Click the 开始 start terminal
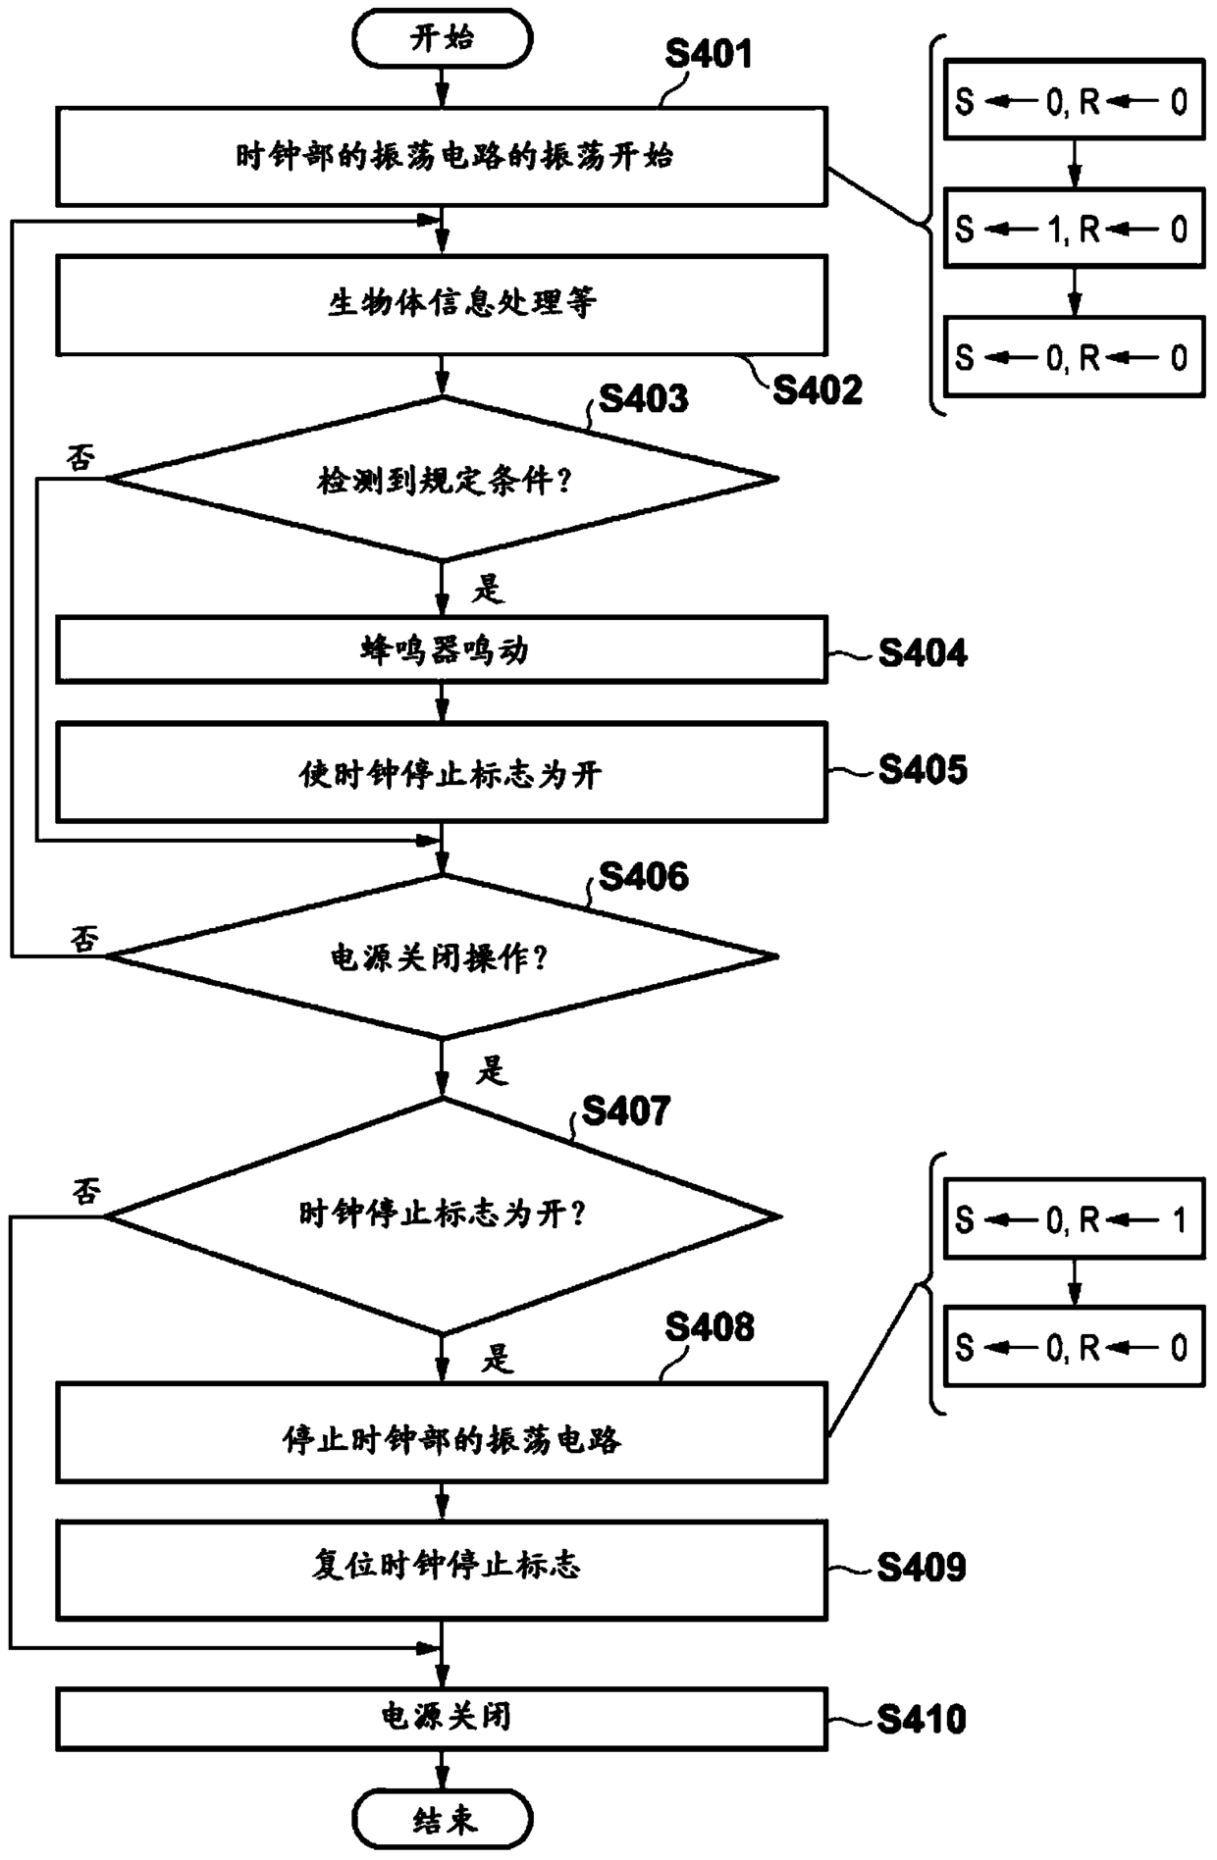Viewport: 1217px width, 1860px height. coord(442,39)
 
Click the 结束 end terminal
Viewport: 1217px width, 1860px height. coord(442,1821)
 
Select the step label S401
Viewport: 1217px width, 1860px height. coord(709,54)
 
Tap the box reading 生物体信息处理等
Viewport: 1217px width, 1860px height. coord(442,304)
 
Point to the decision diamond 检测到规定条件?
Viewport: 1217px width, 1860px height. coord(442,479)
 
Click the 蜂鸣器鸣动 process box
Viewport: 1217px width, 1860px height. coord(442,649)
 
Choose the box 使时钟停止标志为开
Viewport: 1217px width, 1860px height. coord(442,773)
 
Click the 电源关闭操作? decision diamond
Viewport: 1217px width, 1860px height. coord(442,956)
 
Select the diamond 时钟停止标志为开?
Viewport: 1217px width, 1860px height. coord(443,1216)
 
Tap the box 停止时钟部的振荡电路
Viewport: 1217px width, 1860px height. coord(442,1432)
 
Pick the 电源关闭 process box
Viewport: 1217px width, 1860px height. coord(442,1719)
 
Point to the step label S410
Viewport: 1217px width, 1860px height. coord(922,1720)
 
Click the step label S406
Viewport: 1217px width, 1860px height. coord(644,876)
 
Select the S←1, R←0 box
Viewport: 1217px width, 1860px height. coord(1074,229)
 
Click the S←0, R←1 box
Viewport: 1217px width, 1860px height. coord(1074,1219)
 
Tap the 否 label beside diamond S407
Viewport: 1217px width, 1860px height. coord(86,1192)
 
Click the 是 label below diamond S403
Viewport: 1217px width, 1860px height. coord(488,589)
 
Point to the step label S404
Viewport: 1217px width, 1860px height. coord(923,652)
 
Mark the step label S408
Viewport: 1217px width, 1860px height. coord(710,1327)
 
